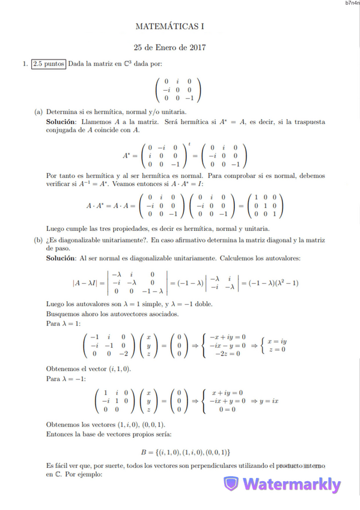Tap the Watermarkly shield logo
pos(231,484)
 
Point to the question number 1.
pos(24,64)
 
